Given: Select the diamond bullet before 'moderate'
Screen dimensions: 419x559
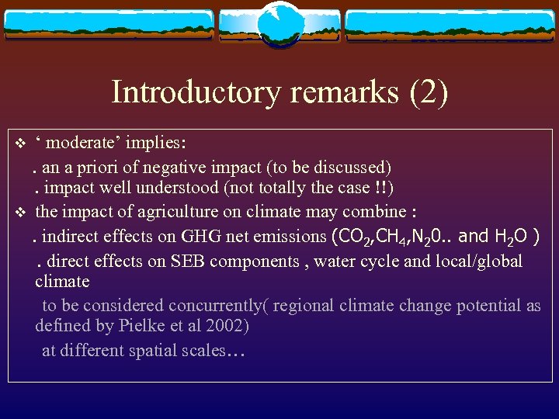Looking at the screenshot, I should point(21,144).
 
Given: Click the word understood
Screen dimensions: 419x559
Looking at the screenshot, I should point(175,189).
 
